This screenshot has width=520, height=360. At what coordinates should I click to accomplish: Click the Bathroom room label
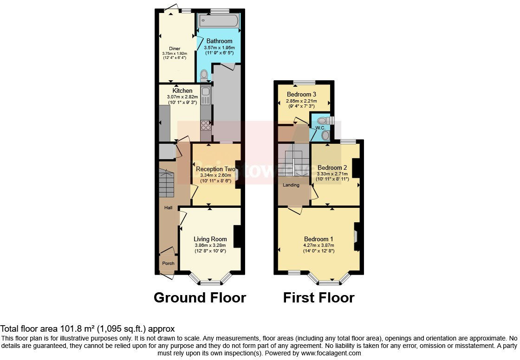[x=219, y=41]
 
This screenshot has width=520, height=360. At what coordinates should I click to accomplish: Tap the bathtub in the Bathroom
[x=218, y=21]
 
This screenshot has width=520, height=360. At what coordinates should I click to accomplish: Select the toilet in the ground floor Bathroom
[x=204, y=76]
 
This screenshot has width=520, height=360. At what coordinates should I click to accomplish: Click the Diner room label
[x=175, y=48]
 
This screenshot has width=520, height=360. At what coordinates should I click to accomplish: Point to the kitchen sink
[x=205, y=96]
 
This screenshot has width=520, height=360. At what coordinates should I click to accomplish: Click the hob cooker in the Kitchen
[x=205, y=124]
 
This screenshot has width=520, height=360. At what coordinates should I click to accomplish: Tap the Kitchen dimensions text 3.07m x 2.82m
[x=182, y=96]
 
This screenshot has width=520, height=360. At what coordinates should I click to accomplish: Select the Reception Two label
[x=215, y=169]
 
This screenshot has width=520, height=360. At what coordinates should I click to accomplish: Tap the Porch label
[x=168, y=264]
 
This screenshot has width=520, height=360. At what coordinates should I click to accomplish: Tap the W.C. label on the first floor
[x=320, y=128]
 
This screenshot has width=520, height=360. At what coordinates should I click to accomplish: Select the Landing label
[x=292, y=185]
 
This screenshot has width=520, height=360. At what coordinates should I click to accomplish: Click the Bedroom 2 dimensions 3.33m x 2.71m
[x=332, y=174]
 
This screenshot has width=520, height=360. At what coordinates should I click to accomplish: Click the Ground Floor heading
[x=200, y=297]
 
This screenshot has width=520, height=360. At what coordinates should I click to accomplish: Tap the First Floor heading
[x=318, y=297]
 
